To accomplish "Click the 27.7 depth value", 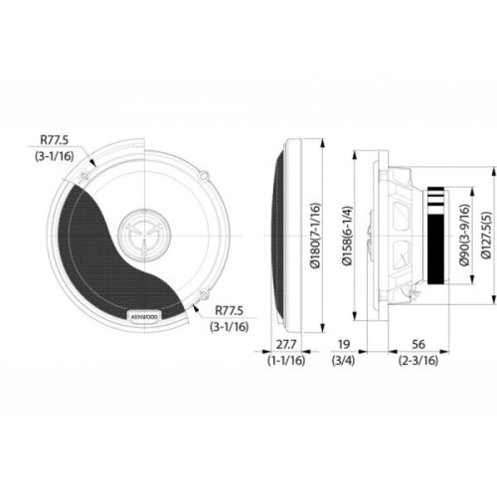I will click(285, 346).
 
